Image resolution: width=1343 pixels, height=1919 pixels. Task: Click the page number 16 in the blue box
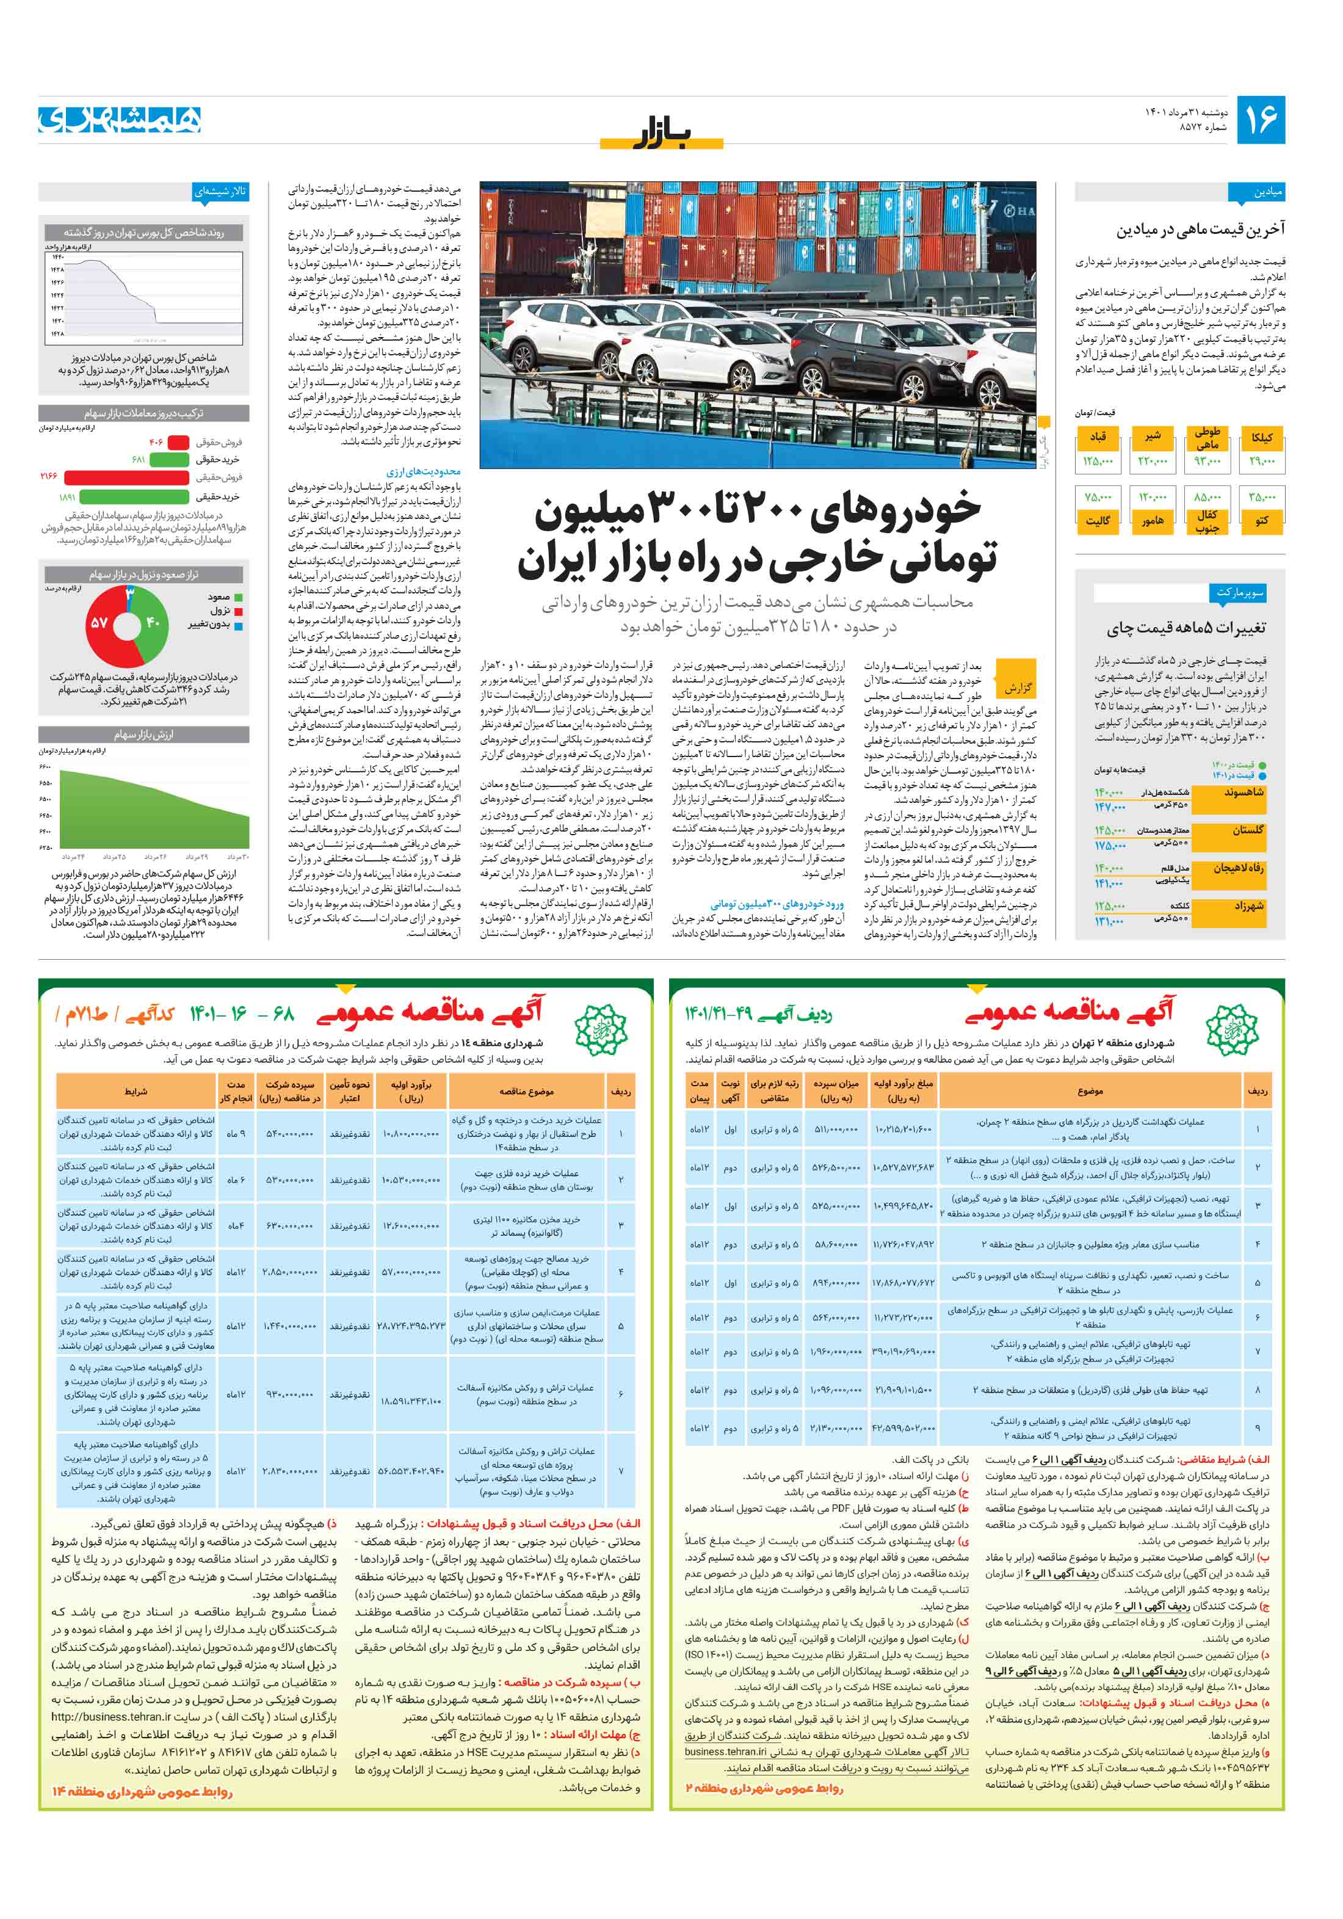coord(1259,120)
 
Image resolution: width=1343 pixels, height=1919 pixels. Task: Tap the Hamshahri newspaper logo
coord(120,120)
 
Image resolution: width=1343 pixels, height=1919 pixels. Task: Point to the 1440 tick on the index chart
coord(57,258)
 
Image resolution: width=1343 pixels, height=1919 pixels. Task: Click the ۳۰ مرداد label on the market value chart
coord(238,857)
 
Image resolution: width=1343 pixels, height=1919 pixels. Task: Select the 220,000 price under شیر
coord(1151,460)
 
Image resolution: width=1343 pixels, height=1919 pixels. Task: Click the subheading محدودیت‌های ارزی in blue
coord(423,471)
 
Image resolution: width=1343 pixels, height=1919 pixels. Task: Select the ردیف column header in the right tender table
coord(1257,1092)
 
